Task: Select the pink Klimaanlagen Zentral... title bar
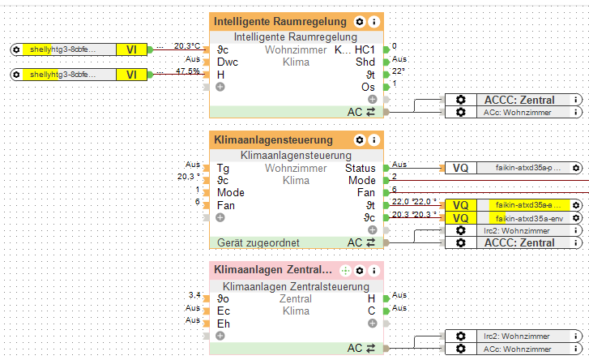271,269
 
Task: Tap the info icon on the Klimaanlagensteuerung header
373,140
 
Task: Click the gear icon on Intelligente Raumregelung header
360,22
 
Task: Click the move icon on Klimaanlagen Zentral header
345,269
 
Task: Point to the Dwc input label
227,62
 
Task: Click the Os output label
368,86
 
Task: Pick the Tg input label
223,169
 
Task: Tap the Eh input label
224,324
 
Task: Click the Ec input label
224,311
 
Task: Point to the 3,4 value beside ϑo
194,295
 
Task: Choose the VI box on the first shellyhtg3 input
131,49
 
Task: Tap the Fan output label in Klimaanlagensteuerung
366,193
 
